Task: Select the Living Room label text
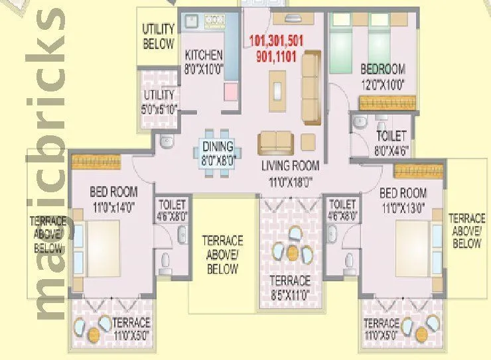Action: coord(290,166)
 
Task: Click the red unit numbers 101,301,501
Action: coord(276,40)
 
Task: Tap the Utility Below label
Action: coord(159,37)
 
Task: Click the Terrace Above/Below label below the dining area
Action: coord(222,255)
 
